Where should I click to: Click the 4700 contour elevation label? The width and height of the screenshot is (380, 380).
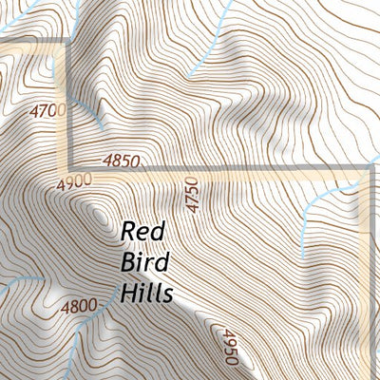pos(49,111)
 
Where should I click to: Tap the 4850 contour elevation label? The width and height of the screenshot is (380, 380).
pos(121,161)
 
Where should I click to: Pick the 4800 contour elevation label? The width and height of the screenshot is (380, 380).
pos(79,306)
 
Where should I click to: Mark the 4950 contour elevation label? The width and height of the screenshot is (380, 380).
pos(229,346)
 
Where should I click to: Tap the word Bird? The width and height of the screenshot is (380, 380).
pos(141,262)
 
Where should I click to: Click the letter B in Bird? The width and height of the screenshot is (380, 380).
pos(129,262)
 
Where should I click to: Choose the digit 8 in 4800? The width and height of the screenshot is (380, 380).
pos(71,306)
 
